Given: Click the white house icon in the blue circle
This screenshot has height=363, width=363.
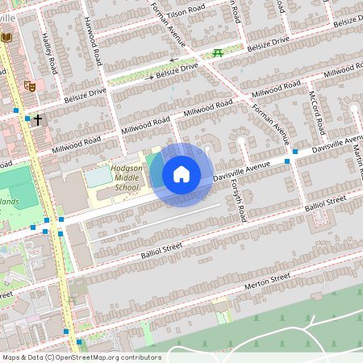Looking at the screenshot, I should pos(181,173).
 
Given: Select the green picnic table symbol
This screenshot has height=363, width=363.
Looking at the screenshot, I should pos(218,53).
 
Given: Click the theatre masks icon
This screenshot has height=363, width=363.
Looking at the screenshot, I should pos(30,86).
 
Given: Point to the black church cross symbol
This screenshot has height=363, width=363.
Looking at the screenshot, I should pos(38,119).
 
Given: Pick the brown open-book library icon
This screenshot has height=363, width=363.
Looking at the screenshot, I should pos(7,38).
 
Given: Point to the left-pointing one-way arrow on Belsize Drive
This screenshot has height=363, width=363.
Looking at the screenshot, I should pos(172,60).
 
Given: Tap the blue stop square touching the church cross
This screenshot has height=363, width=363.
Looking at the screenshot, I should pos(27,119).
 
